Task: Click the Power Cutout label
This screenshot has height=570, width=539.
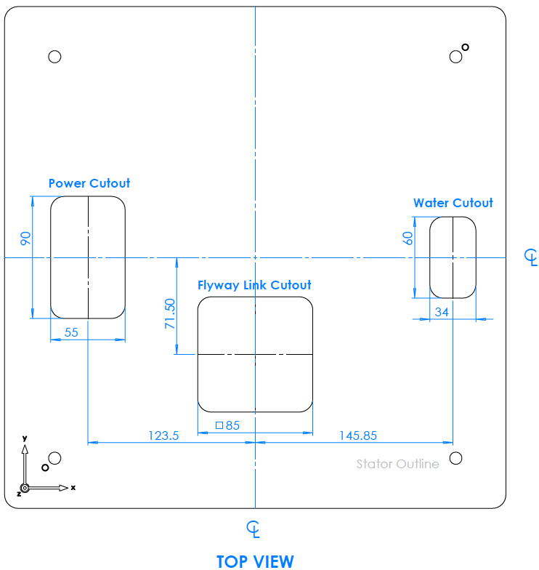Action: (x=89, y=183)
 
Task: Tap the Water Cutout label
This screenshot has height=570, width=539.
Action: (x=453, y=203)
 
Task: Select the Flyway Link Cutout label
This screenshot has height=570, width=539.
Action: (x=254, y=285)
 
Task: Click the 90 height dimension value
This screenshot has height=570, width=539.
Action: (x=25, y=238)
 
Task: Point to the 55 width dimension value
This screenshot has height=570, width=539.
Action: (x=72, y=332)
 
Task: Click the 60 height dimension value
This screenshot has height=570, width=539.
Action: (x=408, y=237)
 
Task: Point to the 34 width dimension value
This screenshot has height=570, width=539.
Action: (x=441, y=312)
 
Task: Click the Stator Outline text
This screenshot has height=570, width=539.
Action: (x=397, y=464)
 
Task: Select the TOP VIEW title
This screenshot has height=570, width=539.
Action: (x=255, y=561)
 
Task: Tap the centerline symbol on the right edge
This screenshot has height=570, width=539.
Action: (x=531, y=256)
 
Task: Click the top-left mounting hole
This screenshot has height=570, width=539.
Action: (x=54, y=57)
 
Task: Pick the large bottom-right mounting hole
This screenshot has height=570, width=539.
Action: (x=455, y=458)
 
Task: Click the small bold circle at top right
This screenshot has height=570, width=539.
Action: (x=465, y=48)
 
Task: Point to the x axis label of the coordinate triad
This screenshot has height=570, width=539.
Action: (x=73, y=486)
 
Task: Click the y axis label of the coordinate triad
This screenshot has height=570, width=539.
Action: (x=25, y=438)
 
